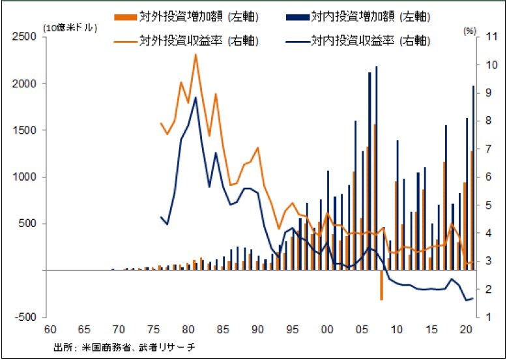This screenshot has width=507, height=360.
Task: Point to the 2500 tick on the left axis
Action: coord(24,37)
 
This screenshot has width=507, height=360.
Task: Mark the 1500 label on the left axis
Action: coord(24,130)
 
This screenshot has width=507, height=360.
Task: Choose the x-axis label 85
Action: coord(222,329)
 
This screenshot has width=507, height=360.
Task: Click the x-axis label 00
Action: coord(328,329)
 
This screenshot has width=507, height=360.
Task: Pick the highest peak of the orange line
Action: coord(196,54)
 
